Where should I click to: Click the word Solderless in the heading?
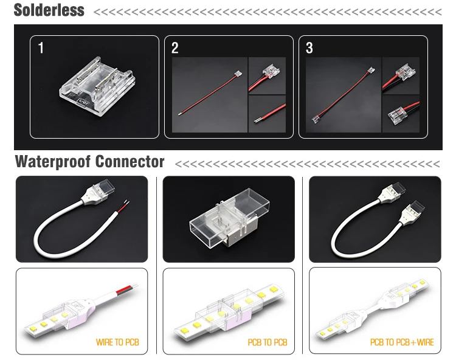click(x=49, y=10)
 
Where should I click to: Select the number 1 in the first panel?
click(x=41, y=48)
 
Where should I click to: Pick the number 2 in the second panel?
click(x=174, y=48)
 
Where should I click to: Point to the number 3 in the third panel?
click(x=309, y=48)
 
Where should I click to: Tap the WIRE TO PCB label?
click(x=117, y=342)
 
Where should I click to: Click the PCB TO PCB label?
click(x=268, y=342)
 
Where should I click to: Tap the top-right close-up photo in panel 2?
click(x=267, y=75)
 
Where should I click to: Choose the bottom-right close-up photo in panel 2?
click(x=267, y=114)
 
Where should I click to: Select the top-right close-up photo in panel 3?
click(x=401, y=75)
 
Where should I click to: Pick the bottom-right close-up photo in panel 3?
click(x=401, y=114)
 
